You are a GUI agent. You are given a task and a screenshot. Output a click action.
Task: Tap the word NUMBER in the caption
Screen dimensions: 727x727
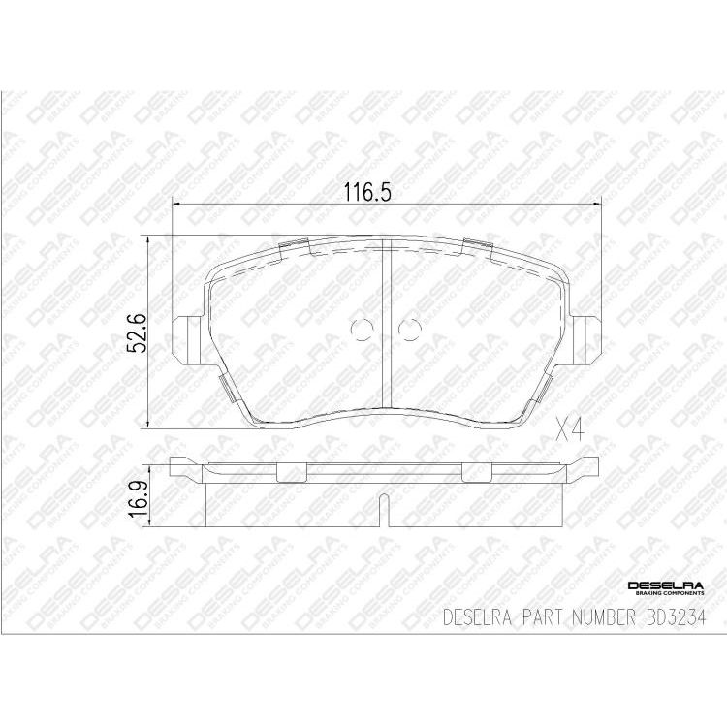(600, 616)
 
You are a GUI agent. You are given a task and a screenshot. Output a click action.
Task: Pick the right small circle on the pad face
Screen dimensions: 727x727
(409, 332)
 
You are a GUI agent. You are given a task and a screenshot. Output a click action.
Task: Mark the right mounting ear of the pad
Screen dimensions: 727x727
(584, 338)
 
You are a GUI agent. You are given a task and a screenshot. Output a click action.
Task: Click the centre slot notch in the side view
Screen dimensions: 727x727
(385, 509)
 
